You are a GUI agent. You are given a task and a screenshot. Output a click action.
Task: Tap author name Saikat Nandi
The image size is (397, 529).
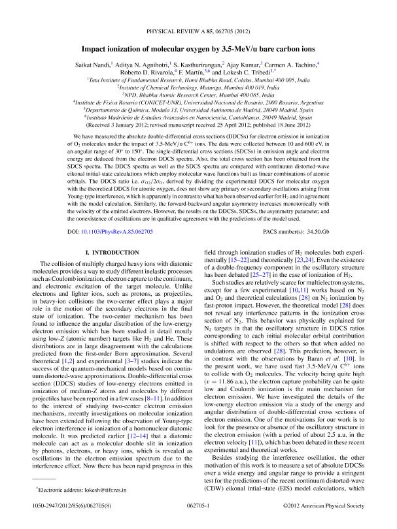pyautogui.click(x=96, y=63)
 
